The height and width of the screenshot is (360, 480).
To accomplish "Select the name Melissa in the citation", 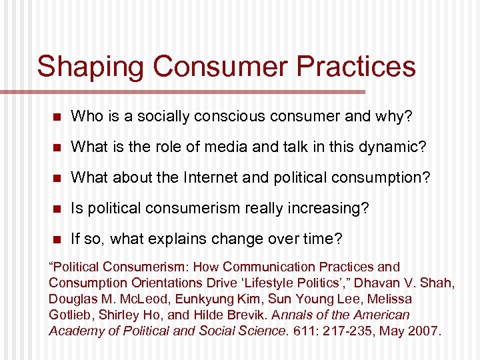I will tap(389, 299).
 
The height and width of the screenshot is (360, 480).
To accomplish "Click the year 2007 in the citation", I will tap(423, 331).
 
